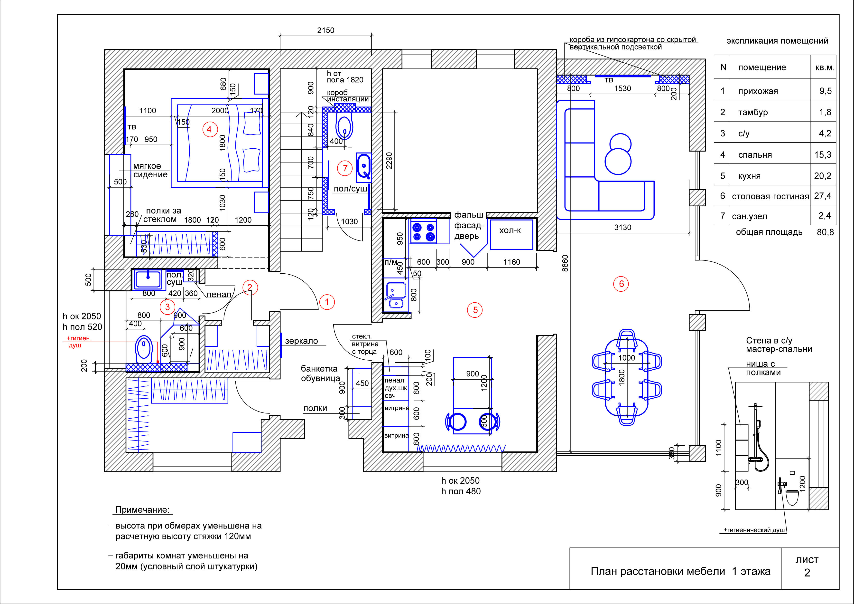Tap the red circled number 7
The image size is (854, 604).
click(345, 168)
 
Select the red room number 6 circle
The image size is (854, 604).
click(621, 284)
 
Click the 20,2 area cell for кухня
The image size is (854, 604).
click(823, 176)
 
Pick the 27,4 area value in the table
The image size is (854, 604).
click(823, 196)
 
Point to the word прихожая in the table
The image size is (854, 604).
click(758, 91)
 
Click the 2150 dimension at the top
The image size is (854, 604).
click(326, 30)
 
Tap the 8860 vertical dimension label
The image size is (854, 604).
click(565, 263)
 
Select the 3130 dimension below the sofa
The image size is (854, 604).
click(623, 227)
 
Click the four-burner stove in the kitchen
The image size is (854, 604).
click(424, 231)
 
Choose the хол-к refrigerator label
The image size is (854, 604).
click(510, 230)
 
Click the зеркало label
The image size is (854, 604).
click(301, 341)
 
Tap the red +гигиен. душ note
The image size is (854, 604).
click(79, 342)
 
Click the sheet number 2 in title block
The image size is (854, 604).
click(807, 573)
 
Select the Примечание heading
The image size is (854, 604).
click(142, 509)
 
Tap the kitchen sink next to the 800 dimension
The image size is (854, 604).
click(396, 296)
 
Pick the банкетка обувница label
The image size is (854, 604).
click(320, 373)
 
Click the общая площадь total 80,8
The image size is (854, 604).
click(825, 232)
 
